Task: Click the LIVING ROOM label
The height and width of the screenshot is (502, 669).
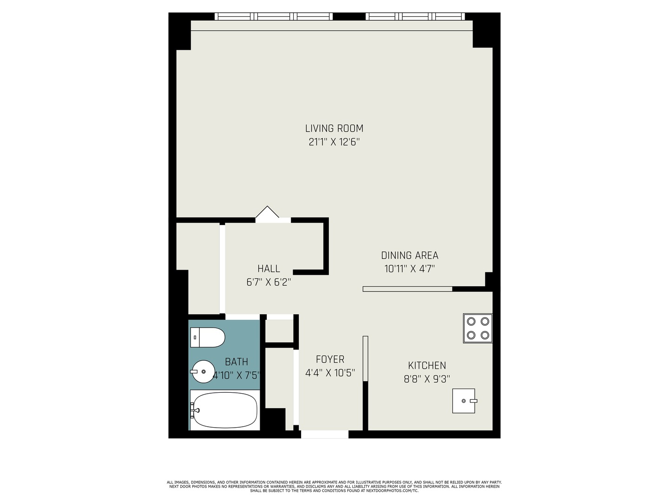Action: (334, 128)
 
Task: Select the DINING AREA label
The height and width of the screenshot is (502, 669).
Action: (409, 255)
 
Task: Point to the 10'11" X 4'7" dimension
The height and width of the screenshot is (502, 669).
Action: (409, 269)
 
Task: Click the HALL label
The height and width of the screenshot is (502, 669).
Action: (269, 269)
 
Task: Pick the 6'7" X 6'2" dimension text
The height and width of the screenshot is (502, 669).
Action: (269, 282)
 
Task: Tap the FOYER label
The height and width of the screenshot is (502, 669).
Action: (330, 359)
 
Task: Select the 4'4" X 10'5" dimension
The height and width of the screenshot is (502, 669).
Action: (330, 373)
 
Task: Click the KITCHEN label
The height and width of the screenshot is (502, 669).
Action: (426, 366)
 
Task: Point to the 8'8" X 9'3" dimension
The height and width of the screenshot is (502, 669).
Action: (426, 379)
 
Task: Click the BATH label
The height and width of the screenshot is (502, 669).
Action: (236, 362)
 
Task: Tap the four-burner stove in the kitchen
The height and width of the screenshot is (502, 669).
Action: (478, 328)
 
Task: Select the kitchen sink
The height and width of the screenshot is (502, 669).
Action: (464, 401)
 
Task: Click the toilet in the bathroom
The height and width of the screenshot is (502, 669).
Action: (208, 337)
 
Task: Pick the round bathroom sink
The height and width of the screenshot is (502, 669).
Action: (203, 372)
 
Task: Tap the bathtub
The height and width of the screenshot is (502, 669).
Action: (224, 410)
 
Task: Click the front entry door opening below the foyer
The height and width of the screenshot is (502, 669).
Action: (325, 435)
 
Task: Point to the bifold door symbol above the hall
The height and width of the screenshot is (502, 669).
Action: (267, 212)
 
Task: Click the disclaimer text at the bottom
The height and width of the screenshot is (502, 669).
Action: (334, 487)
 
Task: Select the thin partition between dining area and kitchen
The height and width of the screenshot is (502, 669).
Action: (407, 289)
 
